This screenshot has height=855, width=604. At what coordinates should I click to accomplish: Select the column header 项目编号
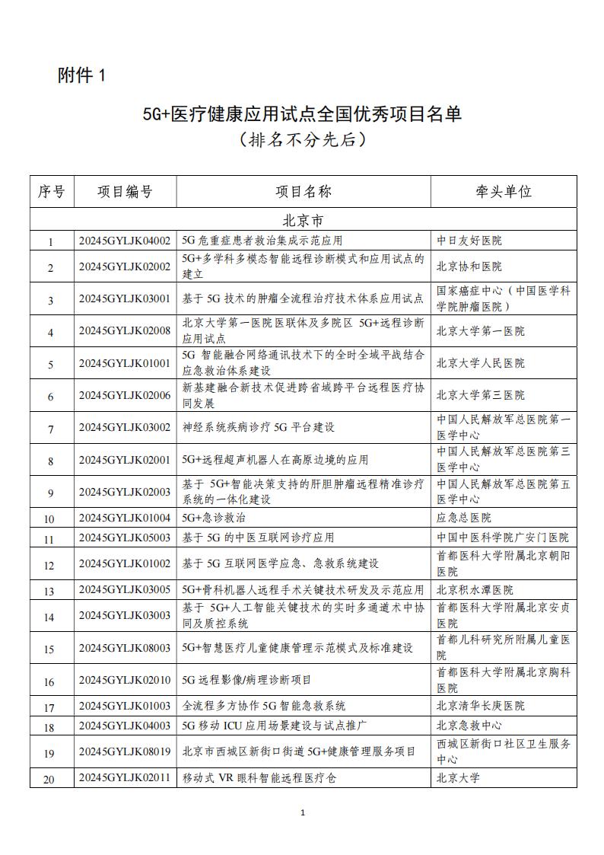[x=125, y=191]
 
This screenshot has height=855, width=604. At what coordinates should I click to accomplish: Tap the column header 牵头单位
[x=503, y=191]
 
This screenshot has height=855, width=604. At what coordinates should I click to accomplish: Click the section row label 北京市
[x=302, y=220]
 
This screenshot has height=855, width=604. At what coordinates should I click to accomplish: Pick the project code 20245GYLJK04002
[x=125, y=241]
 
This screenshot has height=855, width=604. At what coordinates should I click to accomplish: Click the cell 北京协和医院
[x=469, y=267]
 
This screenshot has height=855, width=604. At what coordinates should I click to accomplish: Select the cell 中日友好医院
[x=469, y=241]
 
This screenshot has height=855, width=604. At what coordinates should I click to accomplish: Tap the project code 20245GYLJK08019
[x=125, y=751]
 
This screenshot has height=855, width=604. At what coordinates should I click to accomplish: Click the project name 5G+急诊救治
[x=214, y=518]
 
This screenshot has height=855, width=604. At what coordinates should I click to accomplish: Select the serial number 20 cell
[x=51, y=779]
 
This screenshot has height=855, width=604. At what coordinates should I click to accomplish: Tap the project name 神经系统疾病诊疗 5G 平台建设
[x=259, y=427]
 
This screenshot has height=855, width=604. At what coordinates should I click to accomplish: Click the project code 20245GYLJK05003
[x=125, y=538]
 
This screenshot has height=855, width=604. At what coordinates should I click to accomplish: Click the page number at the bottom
[x=303, y=813]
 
